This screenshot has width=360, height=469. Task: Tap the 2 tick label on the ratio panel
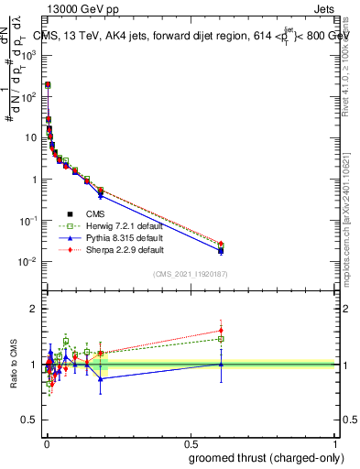pyautogui.click(x=34, y=309)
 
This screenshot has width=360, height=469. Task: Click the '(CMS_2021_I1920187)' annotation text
pyautogui.click(x=189, y=274)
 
